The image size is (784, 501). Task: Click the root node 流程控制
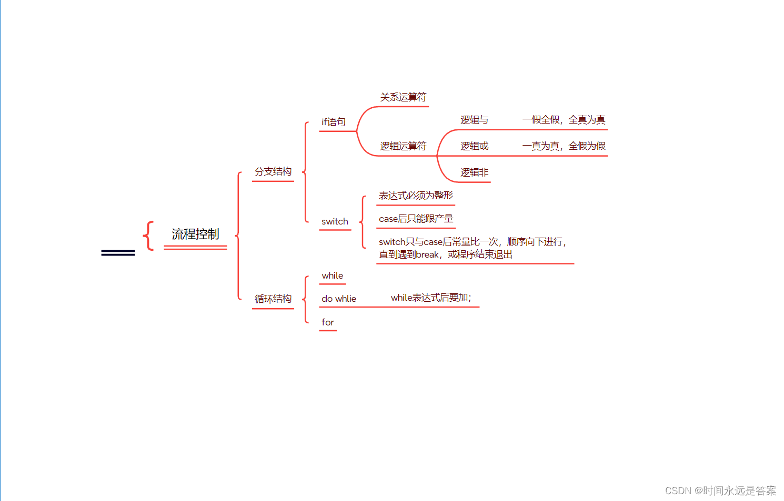point(195,234)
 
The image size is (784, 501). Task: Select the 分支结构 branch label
point(273,171)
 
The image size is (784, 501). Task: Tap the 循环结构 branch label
point(273,299)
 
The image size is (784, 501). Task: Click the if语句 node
point(334,122)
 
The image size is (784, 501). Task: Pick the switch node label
point(335,221)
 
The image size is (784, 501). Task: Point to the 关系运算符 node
point(403,97)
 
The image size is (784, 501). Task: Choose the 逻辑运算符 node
point(403,146)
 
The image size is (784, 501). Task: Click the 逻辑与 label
point(474,120)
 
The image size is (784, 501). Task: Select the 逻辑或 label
point(474,146)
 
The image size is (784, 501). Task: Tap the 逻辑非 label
point(474,172)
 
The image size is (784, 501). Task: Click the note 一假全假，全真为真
point(564,120)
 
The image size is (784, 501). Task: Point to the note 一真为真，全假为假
point(564,146)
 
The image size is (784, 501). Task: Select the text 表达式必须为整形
point(416,196)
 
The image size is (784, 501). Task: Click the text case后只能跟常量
point(416,219)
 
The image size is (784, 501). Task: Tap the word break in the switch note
point(427,254)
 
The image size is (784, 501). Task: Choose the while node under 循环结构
point(332,275)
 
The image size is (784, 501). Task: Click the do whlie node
point(339,299)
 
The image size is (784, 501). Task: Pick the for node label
point(327,322)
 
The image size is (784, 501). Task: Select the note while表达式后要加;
point(431,298)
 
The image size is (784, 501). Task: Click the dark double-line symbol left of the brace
point(118,253)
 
